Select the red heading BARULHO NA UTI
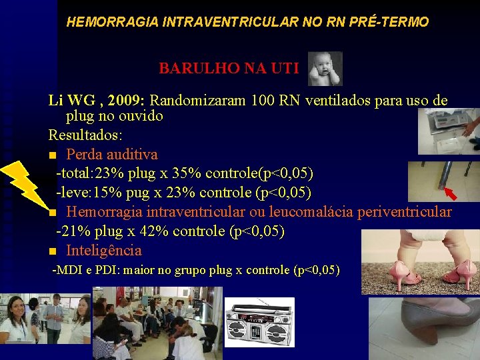click(229, 68)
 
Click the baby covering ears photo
click(325, 69)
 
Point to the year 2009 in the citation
click(121, 101)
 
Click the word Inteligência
click(104, 251)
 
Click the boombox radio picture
click(259, 323)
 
